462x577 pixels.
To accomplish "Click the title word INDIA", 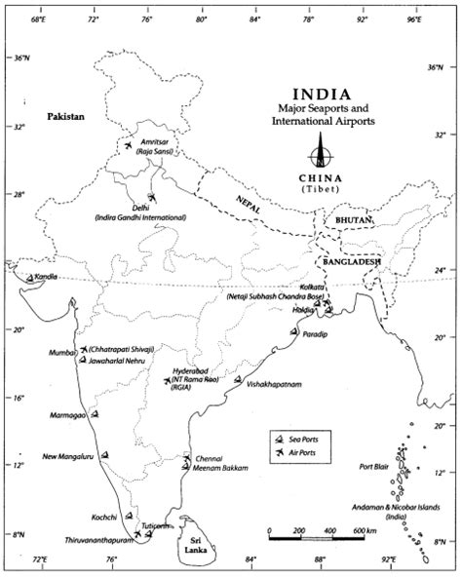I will click(x=321, y=95).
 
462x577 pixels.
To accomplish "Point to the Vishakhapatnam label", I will click(x=276, y=385).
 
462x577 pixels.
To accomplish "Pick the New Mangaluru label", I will click(x=67, y=456).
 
